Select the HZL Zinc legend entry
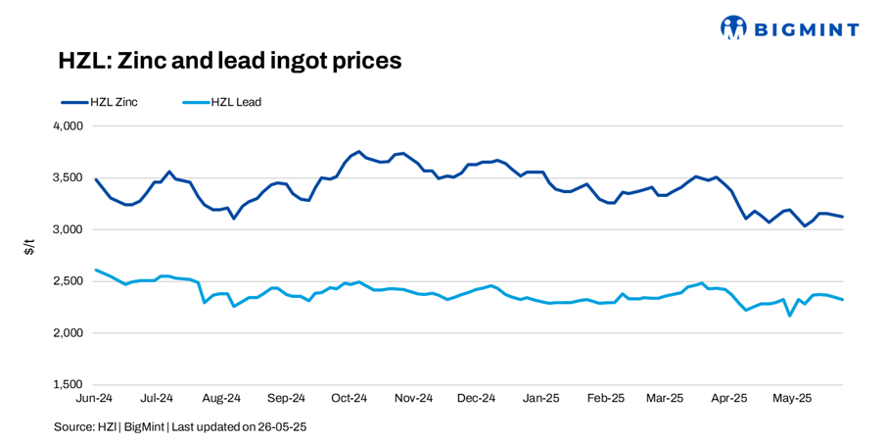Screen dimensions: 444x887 pos(100,102)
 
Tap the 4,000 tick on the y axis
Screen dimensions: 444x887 pos(68,126)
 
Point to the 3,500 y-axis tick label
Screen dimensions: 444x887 pos(68,178)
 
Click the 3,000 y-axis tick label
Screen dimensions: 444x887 pos(68,229)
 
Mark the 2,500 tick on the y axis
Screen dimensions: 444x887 pos(68,281)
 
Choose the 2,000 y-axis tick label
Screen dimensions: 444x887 pos(68,333)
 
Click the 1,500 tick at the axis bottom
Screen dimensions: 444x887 pos(68,384)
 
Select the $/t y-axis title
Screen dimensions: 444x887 pos(29,249)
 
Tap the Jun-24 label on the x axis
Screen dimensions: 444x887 pos(94,399)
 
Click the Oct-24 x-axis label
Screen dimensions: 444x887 pos(349,399)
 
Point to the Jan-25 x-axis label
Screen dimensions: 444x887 pos(540,399)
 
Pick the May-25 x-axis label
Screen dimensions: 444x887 pos(792,399)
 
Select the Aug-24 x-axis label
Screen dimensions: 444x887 pos(221,399)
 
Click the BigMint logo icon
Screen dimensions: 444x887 pos(733,28)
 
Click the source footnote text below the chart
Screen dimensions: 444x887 pos(180,427)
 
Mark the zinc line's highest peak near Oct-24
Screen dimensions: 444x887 pos(359,152)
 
